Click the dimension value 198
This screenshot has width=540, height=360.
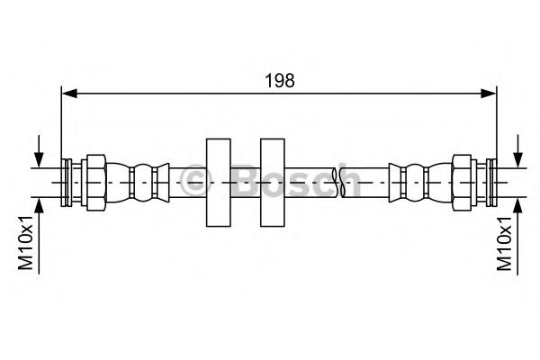279,79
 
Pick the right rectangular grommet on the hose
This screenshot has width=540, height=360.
272,182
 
